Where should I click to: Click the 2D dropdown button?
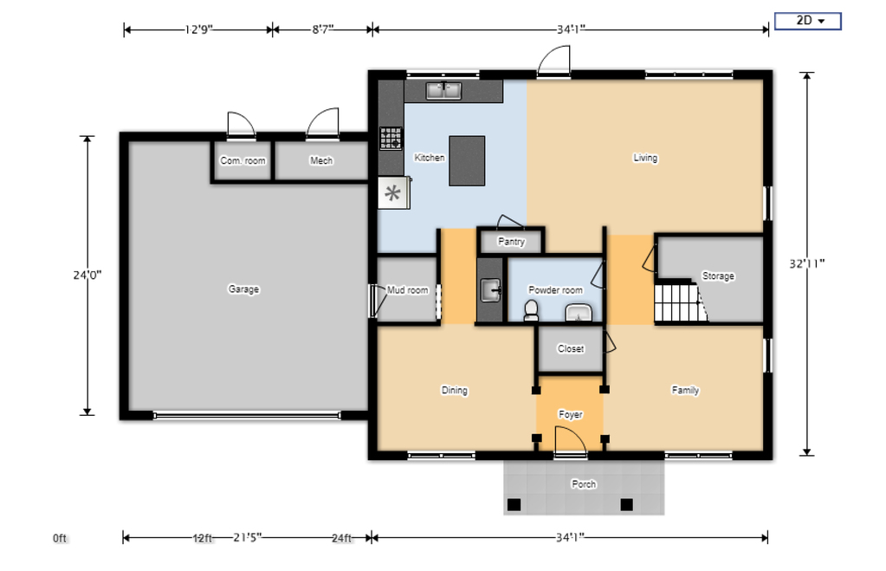(x=807, y=21)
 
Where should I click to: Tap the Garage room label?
(x=243, y=289)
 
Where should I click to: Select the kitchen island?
(x=467, y=160)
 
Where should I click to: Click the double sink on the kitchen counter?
(x=443, y=90)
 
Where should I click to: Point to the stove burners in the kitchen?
(x=391, y=139)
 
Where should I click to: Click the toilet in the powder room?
(x=531, y=309)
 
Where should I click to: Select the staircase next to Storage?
(x=676, y=302)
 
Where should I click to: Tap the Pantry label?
(x=511, y=242)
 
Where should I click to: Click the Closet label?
(x=571, y=349)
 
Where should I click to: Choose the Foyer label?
(x=570, y=415)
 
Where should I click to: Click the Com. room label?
(x=243, y=161)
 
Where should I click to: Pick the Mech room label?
(x=321, y=161)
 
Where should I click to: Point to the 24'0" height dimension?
(x=87, y=275)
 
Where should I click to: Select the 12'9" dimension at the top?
(x=198, y=29)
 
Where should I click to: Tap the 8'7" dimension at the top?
(x=322, y=29)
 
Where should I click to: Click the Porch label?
(x=584, y=484)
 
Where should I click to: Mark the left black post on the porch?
(x=514, y=504)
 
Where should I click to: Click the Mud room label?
(x=407, y=290)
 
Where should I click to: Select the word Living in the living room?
(x=645, y=158)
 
